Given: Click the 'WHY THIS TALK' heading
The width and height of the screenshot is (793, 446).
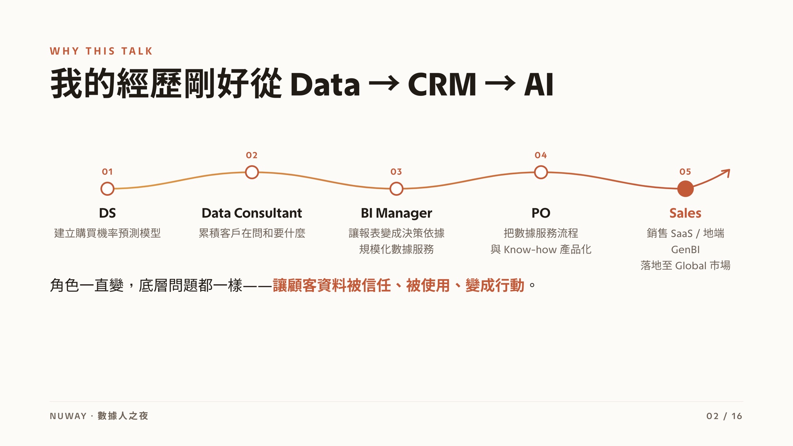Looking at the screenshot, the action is click(101, 51).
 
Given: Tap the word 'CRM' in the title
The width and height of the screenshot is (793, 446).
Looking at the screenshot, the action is click(442, 85).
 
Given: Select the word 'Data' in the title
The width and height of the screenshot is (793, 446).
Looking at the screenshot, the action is click(325, 85).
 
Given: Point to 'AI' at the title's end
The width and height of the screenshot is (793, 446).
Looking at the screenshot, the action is click(539, 85).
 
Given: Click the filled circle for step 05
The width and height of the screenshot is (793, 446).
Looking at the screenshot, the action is click(686, 189).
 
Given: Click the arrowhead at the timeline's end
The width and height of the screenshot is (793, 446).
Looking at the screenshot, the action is click(727, 172).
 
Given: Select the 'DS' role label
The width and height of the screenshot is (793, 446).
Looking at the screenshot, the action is click(107, 213).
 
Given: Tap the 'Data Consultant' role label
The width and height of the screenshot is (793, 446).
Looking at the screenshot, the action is click(252, 213).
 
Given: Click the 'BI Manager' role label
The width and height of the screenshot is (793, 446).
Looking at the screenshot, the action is click(396, 214).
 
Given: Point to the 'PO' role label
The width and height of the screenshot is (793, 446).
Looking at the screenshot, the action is click(541, 213).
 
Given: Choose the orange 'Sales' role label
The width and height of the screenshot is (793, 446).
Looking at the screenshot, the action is click(686, 213).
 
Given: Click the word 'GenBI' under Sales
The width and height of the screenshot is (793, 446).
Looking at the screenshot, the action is click(686, 250).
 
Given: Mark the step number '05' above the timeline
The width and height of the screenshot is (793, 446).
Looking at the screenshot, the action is click(685, 172).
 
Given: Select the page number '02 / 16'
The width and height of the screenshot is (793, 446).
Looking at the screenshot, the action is click(724, 416).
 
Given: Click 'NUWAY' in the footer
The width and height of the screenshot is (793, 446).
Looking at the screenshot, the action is click(68, 416).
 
